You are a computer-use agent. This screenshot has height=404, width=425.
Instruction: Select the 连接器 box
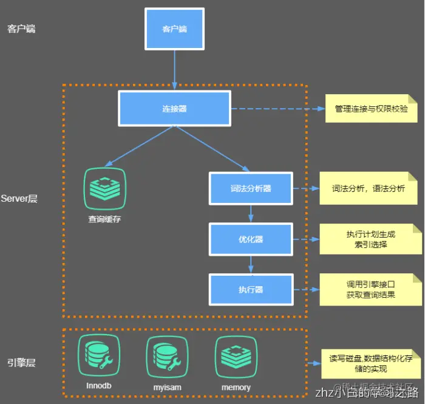point(174,109)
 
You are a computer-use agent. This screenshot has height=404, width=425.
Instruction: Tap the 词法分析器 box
point(251,188)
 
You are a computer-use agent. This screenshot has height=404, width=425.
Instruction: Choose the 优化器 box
point(251,239)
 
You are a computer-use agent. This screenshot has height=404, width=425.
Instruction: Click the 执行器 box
point(251,290)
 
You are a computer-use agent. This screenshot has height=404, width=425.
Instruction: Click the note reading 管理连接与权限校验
point(372,109)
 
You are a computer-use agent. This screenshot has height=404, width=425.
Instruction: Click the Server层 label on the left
point(19,199)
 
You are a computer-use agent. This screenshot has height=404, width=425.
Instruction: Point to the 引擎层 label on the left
point(21,363)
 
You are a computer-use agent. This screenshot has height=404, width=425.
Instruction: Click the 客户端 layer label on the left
point(21,29)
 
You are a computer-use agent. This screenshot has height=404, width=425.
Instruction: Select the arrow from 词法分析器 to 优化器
point(251,213)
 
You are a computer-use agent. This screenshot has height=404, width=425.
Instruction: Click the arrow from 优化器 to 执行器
point(251,264)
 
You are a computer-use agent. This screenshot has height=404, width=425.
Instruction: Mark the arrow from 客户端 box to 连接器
point(174,70)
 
